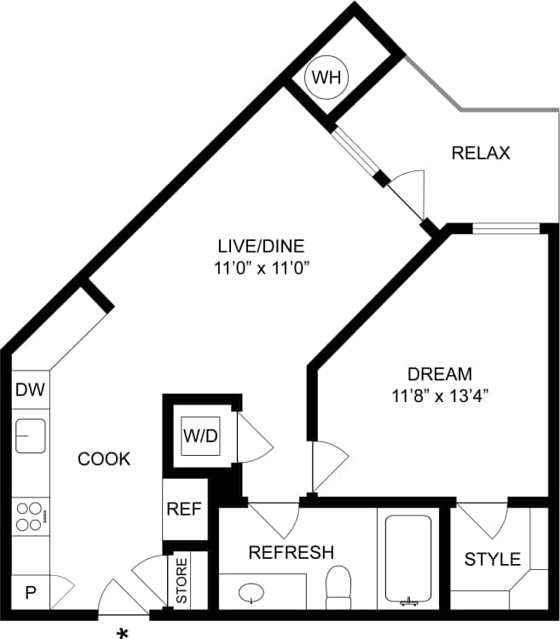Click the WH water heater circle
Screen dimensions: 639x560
tap(326, 78)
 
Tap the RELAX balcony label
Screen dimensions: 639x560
tap(481, 153)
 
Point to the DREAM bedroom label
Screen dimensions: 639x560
tap(439, 373)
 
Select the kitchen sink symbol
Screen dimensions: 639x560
tap(31, 436)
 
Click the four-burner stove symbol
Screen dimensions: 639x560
tap(31, 515)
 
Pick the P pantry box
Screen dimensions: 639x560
tap(30, 592)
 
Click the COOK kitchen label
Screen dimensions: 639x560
tap(104, 459)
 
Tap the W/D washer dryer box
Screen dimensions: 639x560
tap(200, 435)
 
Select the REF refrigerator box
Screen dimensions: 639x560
tap(184, 509)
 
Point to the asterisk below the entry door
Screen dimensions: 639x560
tap(123, 633)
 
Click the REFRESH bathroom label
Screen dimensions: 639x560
tap(291, 552)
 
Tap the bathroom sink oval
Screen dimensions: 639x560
tap(252, 591)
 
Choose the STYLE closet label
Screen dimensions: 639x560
tap(492, 559)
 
